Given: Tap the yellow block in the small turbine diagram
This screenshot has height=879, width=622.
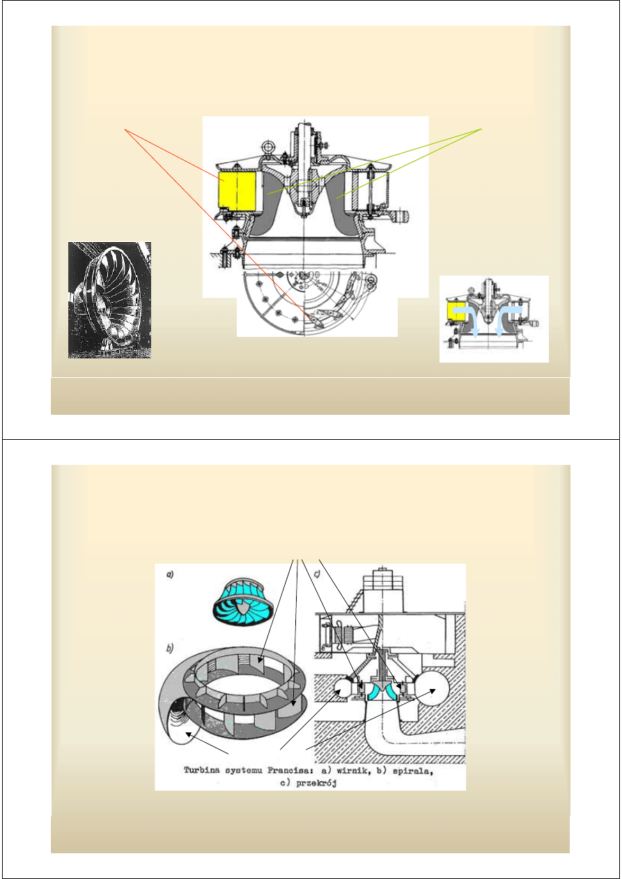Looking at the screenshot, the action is (456, 312).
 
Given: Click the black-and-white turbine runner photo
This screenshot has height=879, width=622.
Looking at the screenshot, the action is (109, 300).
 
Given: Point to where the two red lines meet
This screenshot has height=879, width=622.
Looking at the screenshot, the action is (125, 129).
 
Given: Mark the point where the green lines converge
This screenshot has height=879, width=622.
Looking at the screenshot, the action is (482, 129).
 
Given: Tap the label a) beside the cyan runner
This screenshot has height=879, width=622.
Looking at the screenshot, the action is (170, 575).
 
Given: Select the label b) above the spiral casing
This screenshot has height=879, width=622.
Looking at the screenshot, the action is (170, 649).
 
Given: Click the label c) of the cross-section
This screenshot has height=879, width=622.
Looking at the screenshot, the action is (317, 574).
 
